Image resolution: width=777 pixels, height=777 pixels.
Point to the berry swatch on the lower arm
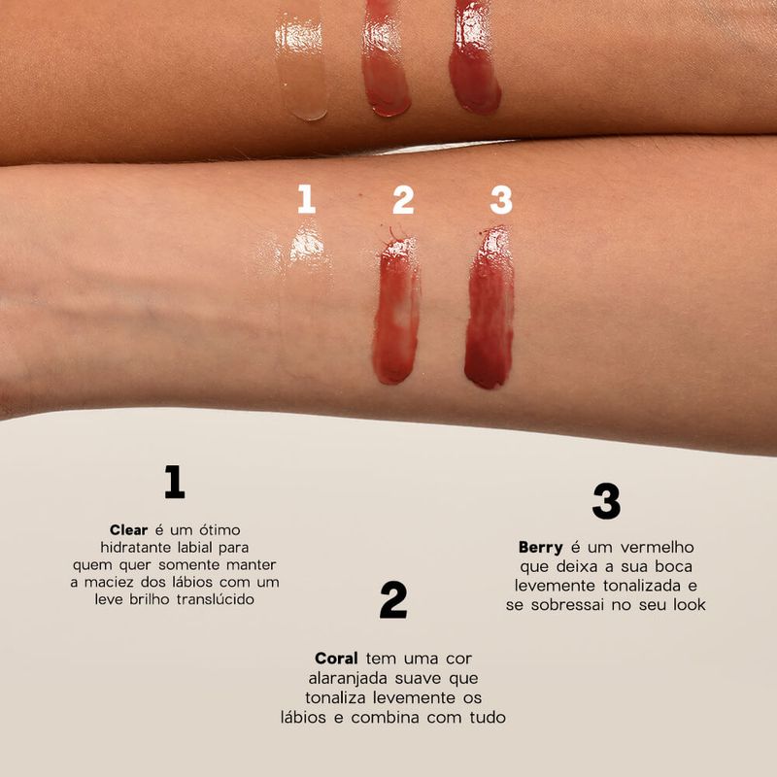pos(489,309)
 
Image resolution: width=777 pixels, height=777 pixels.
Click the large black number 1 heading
pos(175,482)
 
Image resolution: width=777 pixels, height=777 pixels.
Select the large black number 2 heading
pos(393,601)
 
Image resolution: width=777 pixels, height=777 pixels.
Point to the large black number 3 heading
pos(606,501)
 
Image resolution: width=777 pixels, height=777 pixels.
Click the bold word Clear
pos(128,529)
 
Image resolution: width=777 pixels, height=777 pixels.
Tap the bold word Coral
pos(336,658)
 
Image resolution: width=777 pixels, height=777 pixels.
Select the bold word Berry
pos(541,547)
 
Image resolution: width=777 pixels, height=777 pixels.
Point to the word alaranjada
pos(351,678)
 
